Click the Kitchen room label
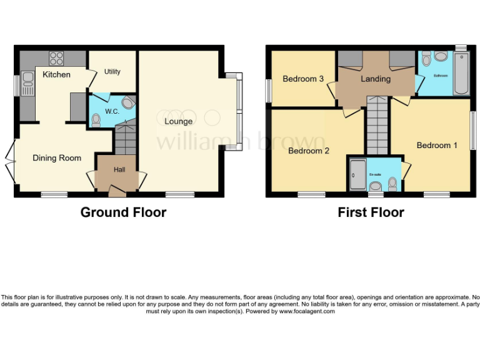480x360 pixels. [56, 75]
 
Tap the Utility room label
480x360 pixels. [112, 72]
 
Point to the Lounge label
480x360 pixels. [178, 121]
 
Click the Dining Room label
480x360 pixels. [57, 158]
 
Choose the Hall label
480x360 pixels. [119, 169]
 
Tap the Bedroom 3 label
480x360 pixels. [303, 79]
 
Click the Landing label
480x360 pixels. [376, 79]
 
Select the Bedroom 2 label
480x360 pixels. [309, 151]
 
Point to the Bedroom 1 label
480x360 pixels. [437, 145]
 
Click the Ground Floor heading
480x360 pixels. [123, 212]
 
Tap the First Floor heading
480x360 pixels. [371, 212]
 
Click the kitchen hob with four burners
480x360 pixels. [56, 58]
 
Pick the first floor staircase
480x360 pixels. [376, 125]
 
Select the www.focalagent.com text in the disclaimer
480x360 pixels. [306, 311]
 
